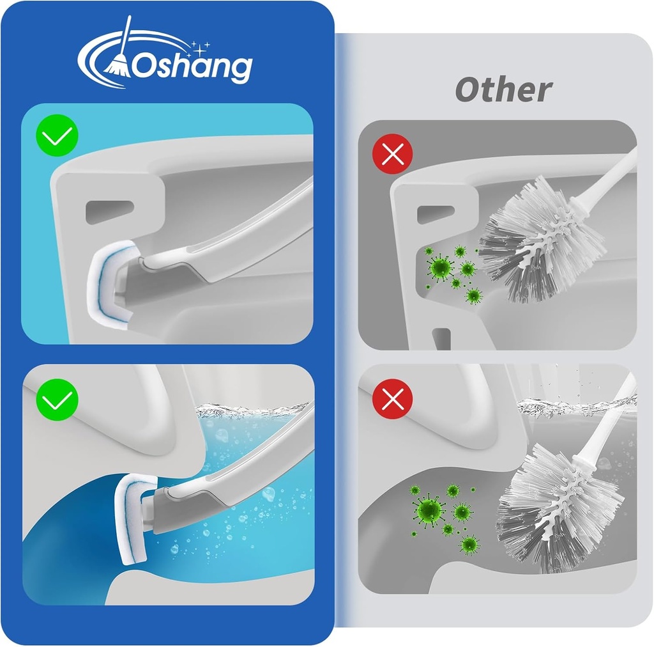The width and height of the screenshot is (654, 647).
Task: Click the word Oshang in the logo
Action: [192, 65]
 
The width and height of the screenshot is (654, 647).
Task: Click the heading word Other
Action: [503, 90]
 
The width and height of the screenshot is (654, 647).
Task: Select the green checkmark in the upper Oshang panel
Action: [57, 135]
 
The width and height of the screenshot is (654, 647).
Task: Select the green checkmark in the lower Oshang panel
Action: [57, 400]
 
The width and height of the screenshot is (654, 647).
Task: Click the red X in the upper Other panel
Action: [392, 155]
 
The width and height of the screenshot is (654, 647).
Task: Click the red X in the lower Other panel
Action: [392, 398]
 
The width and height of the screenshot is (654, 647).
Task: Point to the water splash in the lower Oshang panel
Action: [255, 407]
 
